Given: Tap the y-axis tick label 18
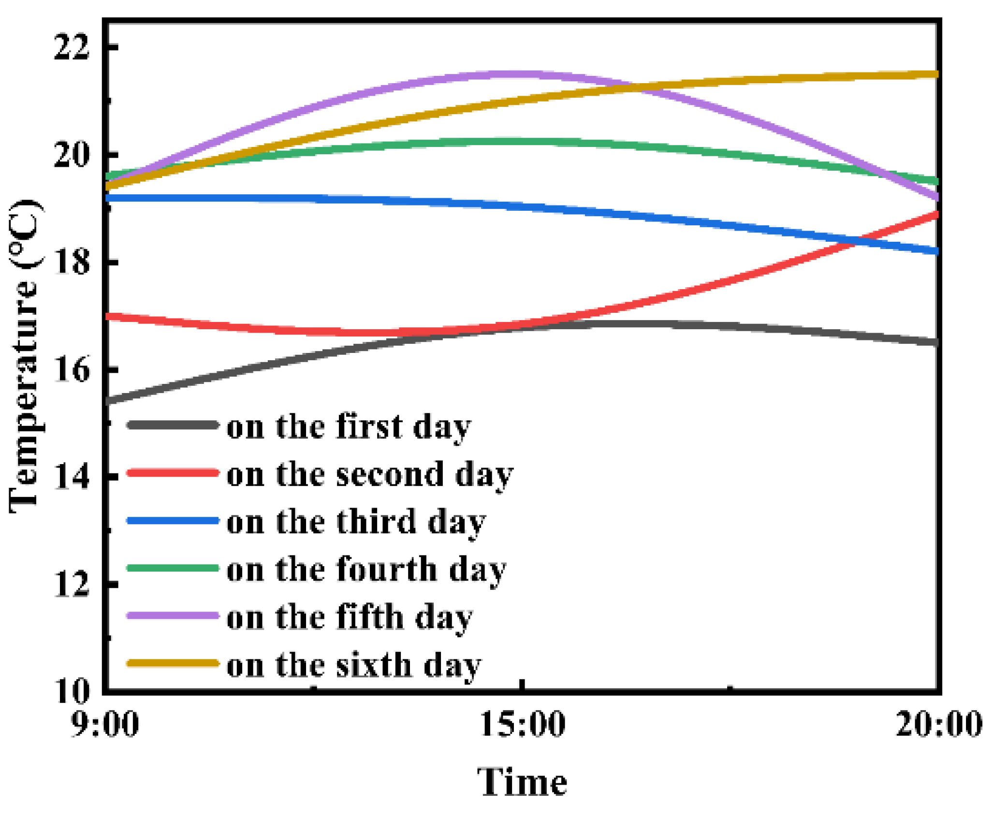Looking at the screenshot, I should pyautogui.click(x=72, y=262).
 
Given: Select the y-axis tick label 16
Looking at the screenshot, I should pyautogui.click(x=72, y=369).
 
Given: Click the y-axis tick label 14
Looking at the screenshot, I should pyautogui.click(x=72, y=477).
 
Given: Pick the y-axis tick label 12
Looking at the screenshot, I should pyautogui.click(x=72, y=584).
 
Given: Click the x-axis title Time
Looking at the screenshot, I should pyautogui.click(x=522, y=782).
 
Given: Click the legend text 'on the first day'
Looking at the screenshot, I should pyautogui.click(x=348, y=426).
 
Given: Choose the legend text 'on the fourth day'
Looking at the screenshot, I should pyautogui.click(x=366, y=569).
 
